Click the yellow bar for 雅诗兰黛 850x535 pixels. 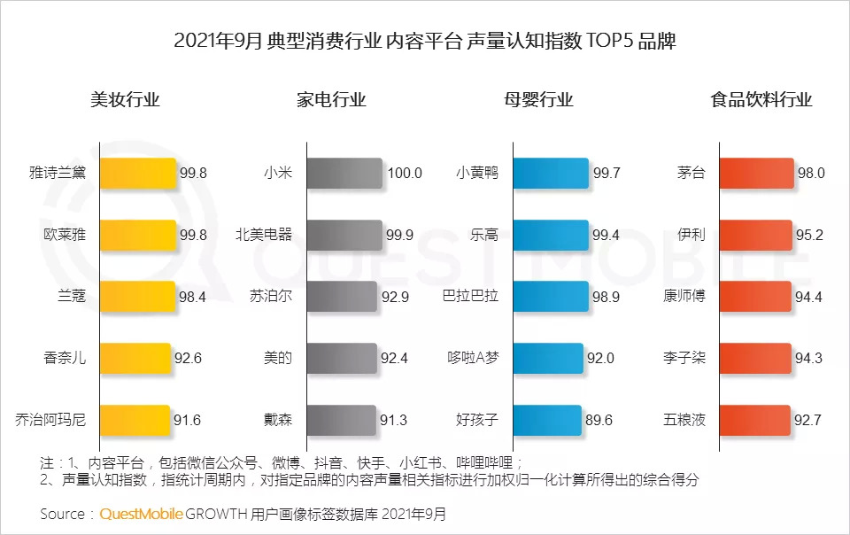[138, 174]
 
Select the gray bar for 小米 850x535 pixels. [345, 174]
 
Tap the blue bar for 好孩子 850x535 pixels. [547, 420]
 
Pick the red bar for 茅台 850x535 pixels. [756, 174]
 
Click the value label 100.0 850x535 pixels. [405, 174]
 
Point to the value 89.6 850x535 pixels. [599, 420]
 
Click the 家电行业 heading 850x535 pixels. [331, 100]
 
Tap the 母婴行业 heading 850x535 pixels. [538, 100]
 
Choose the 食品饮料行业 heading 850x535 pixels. [761, 100]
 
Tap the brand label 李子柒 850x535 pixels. [684, 359]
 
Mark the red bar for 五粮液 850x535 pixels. [754, 420]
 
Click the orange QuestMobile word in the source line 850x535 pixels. [142, 514]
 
